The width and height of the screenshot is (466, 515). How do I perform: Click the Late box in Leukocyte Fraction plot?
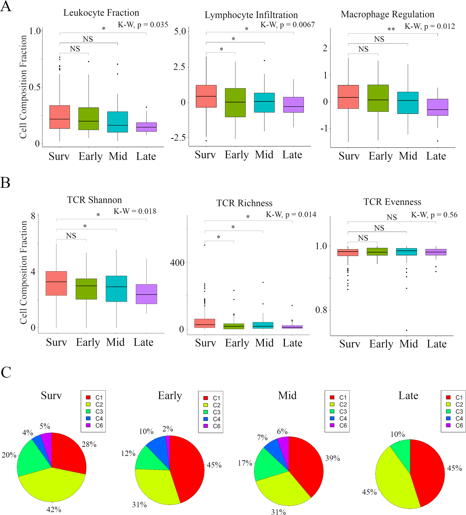146,127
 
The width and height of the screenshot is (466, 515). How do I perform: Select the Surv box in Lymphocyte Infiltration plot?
206,96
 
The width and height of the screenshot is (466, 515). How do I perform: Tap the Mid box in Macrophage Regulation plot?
408,103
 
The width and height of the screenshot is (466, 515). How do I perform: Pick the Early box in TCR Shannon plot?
86,289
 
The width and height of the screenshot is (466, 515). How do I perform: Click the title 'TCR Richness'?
244,203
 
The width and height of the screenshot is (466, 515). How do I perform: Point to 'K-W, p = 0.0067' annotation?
287,25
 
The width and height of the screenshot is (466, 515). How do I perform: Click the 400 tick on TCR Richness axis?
177,263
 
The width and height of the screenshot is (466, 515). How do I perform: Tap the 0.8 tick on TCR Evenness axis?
321,310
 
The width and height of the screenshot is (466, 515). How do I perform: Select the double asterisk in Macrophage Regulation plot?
391,30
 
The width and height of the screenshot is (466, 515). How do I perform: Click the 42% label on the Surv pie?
54,510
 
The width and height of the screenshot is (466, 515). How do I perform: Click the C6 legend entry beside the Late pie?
455,426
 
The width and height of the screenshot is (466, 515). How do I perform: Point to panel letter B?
5,183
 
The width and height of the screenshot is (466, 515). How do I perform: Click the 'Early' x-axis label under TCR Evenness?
381,344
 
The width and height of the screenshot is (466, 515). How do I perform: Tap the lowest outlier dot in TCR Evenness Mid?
406,330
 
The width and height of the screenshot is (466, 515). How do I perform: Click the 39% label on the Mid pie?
332,458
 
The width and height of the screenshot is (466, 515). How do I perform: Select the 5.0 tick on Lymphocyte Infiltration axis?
180,31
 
